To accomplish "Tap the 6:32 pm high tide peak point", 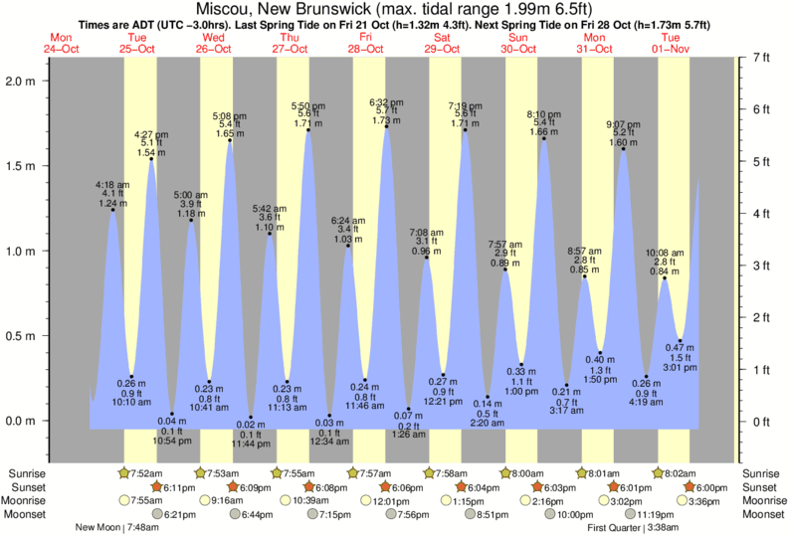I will (x=386, y=127).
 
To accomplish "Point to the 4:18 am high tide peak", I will (x=112, y=210).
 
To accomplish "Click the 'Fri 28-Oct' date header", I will (x=366, y=43).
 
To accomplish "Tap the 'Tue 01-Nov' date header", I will (x=671, y=43).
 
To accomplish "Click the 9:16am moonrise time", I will (x=223, y=500).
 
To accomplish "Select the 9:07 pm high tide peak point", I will (x=623, y=149).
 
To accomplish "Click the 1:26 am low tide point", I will (x=409, y=409).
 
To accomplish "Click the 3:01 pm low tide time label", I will (x=680, y=368).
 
